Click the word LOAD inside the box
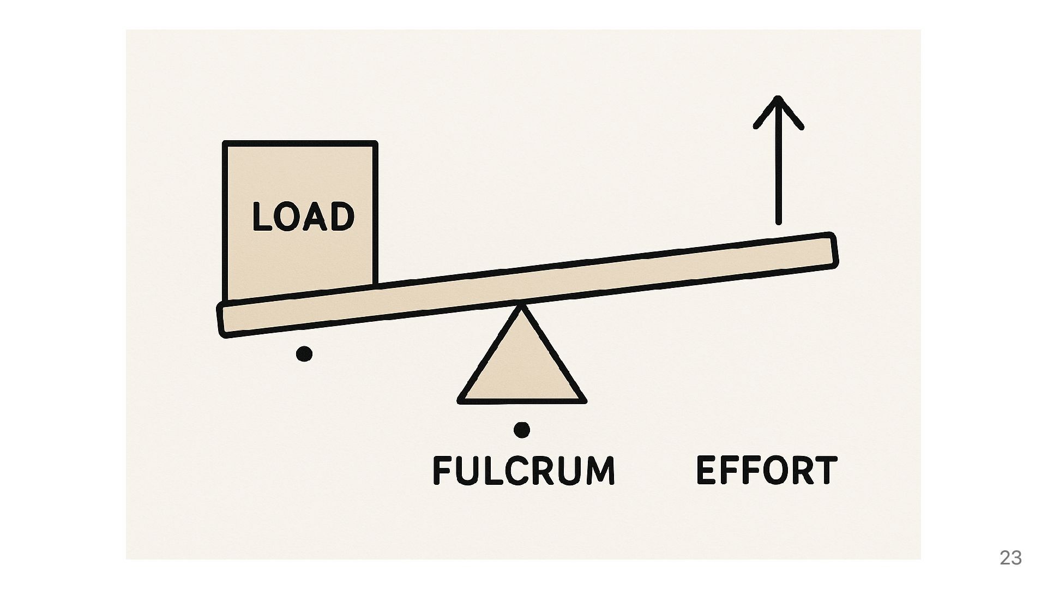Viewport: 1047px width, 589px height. click(303, 217)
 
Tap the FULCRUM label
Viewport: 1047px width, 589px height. click(523, 470)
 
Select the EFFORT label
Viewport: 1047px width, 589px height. click(766, 470)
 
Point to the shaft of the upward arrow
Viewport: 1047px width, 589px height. click(779, 175)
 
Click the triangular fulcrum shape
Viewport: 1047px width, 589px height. click(522, 365)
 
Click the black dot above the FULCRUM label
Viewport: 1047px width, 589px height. click(522, 430)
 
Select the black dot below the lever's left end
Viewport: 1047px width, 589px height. click(304, 354)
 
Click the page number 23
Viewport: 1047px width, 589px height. click(1010, 557)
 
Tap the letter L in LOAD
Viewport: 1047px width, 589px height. click(262, 217)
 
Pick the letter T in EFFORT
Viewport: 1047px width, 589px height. click(823, 470)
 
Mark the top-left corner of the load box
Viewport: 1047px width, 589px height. click(225, 144)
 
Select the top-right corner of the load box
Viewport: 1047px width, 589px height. click(375, 144)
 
